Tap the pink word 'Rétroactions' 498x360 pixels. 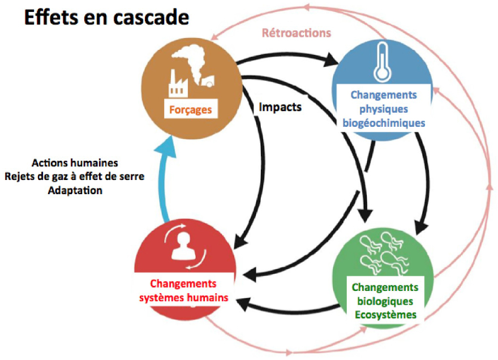pos(296,33)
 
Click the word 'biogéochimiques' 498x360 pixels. pos(384,122)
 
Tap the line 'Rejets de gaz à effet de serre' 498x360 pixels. pos(75,176)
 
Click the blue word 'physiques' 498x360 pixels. pos(384,108)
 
